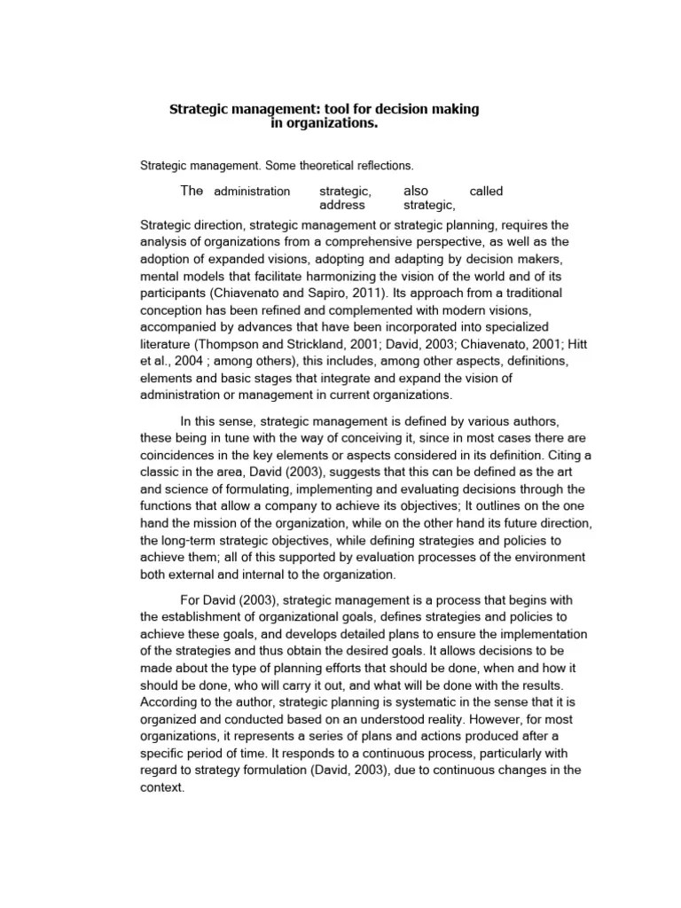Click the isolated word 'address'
click(341, 205)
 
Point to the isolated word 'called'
click(486, 191)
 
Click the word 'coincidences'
click(180, 455)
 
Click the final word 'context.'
click(162, 787)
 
